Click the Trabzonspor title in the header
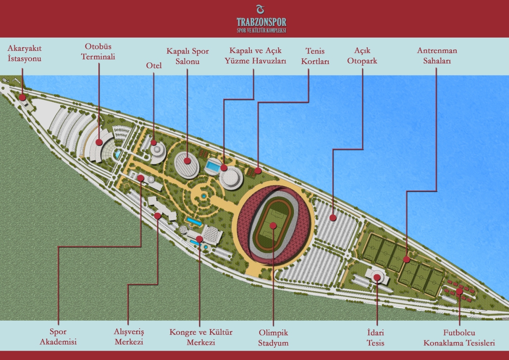pyautogui.click(x=261, y=22)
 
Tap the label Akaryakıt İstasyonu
pyautogui.click(x=24, y=53)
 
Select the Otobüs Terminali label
pyautogui.click(x=98, y=52)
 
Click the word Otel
pyautogui.click(x=154, y=66)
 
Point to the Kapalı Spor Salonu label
pyautogui.click(x=187, y=56)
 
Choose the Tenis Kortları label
pyautogui.click(x=315, y=56)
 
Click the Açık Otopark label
pyautogui.click(x=362, y=56)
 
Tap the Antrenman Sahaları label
pyautogui.click(x=437, y=56)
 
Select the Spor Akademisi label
pyautogui.click(x=58, y=337)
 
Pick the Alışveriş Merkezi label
pyautogui.click(x=129, y=337)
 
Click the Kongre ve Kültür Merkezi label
pyautogui.click(x=201, y=337)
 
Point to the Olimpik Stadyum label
pyautogui.click(x=273, y=338)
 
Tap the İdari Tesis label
pyautogui.click(x=375, y=338)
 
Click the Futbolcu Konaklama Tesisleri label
pyautogui.click(x=459, y=338)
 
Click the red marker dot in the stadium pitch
pyautogui.click(x=273, y=226)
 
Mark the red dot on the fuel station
pyautogui.click(x=22, y=97)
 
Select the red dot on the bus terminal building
pyautogui.click(x=99, y=142)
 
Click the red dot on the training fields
pyautogui.click(x=406, y=259)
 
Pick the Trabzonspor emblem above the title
pyautogui.click(x=261, y=9)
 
